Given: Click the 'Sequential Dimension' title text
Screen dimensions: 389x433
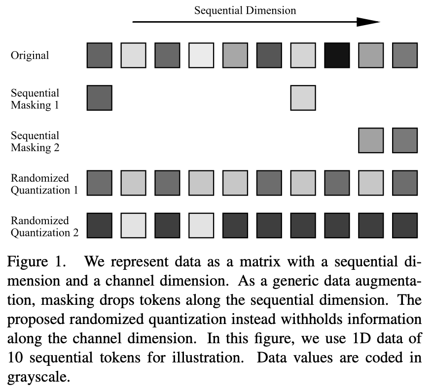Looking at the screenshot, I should [x=245, y=10].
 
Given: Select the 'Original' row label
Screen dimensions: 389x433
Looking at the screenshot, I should [x=30, y=55].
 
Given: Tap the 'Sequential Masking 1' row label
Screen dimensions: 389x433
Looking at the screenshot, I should [x=35, y=98].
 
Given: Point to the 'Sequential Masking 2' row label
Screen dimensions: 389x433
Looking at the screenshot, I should [x=35, y=141].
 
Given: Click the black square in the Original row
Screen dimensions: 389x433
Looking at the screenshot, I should [x=337, y=55].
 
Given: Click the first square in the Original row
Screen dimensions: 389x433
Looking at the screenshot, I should [x=100, y=55].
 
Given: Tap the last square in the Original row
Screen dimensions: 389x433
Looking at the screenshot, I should [x=405, y=55].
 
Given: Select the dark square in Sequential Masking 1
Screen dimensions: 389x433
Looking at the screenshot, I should [x=100, y=98].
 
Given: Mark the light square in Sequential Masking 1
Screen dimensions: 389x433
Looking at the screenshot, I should [x=303, y=98].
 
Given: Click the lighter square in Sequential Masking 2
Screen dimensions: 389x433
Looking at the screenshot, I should [x=371, y=140].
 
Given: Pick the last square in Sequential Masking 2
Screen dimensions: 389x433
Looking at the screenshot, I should [x=405, y=140].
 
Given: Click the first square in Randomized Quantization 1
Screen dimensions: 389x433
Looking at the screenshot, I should [x=100, y=183].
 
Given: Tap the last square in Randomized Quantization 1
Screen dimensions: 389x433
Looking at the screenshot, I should [x=405, y=183].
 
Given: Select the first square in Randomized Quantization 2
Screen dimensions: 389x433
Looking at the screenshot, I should [x=100, y=226].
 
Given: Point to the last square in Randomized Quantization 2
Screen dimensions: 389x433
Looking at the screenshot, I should [x=405, y=226].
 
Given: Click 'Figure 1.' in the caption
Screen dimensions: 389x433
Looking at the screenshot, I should [x=36, y=261].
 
